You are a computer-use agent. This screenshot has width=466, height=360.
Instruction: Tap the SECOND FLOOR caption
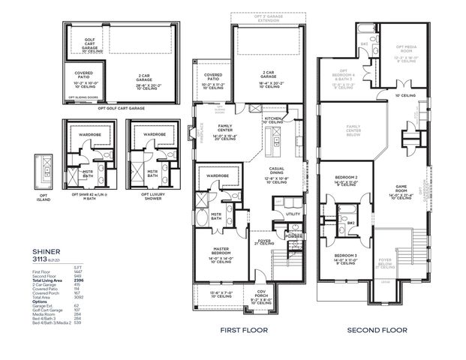pyautogui.click(x=377, y=329)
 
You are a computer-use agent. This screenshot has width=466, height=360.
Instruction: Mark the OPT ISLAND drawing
pyautogui.click(x=44, y=170)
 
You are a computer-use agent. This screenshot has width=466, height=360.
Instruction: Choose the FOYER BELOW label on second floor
pyautogui.click(x=386, y=262)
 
